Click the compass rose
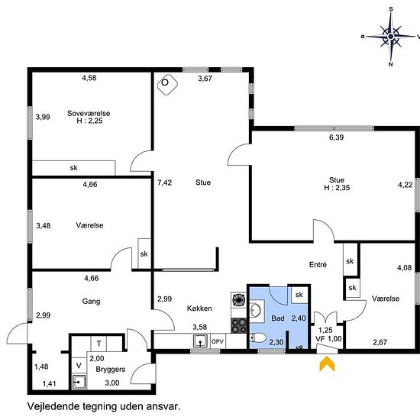click(391, 37)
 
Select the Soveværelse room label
click(89, 113)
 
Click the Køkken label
click(199, 309)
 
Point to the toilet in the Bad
click(257, 338)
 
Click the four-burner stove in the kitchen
click(239, 325)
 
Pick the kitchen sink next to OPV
click(200, 341)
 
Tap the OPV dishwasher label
click(218, 342)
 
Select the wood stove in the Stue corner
click(167, 84)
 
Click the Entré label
click(318, 265)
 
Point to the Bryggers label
click(111, 370)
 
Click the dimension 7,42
click(164, 183)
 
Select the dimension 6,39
click(337, 137)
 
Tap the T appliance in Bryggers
click(99, 344)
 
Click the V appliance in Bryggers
click(79, 365)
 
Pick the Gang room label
click(91, 302)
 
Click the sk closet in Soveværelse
click(73, 168)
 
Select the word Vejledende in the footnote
click(53, 406)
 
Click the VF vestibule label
click(320, 339)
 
